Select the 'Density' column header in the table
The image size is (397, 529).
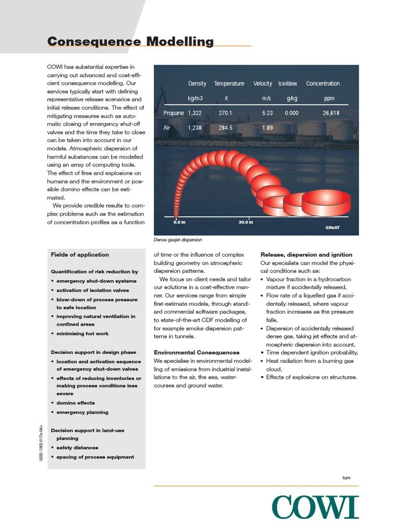coord(197,84)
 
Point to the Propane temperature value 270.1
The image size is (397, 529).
coord(226,113)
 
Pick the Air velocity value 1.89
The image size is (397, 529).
coord(267,128)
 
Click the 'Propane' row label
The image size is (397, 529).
coord(173,113)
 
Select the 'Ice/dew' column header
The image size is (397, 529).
coord(287,84)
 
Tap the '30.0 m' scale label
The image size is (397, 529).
coord(246,223)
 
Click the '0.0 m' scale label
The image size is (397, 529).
coord(179,223)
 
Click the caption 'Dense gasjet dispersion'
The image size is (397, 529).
coord(178,240)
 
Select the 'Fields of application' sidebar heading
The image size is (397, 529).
coord(80,255)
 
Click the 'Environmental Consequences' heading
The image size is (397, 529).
coord(196,352)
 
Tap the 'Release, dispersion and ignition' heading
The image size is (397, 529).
coord(307,255)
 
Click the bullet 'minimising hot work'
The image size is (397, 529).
coord(83,334)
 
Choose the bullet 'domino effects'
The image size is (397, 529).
coord(75,402)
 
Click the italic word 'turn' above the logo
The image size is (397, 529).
coord(346,478)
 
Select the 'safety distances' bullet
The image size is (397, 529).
coord(77,447)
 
